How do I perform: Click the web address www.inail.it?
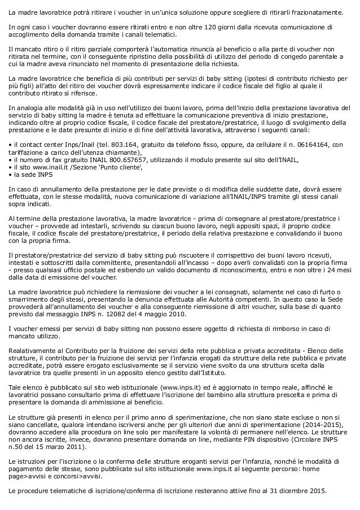47,167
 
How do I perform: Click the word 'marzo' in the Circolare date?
55,447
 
